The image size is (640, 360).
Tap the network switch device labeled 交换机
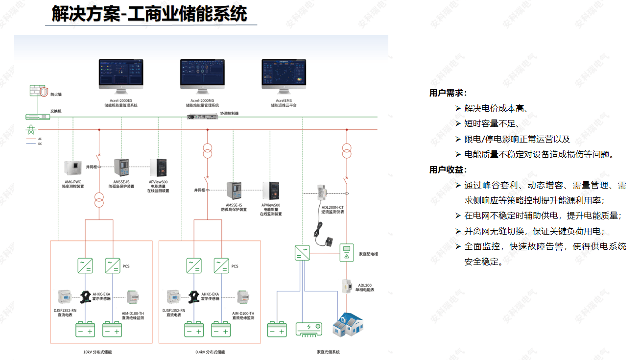(x=38, y=117)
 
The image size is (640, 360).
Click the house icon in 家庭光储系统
(x=349, y=324)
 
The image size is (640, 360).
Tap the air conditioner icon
(x=308, y=329)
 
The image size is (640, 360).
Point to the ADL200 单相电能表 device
(x=347, y=287)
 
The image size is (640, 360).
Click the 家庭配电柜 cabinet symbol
(x=347, y=252)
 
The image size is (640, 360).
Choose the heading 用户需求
(x=448, y=93)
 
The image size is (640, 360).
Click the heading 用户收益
(x=448, y=169)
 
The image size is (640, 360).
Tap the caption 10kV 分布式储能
(x=97, y=352)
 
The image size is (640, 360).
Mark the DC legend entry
(x=34, y=144)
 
